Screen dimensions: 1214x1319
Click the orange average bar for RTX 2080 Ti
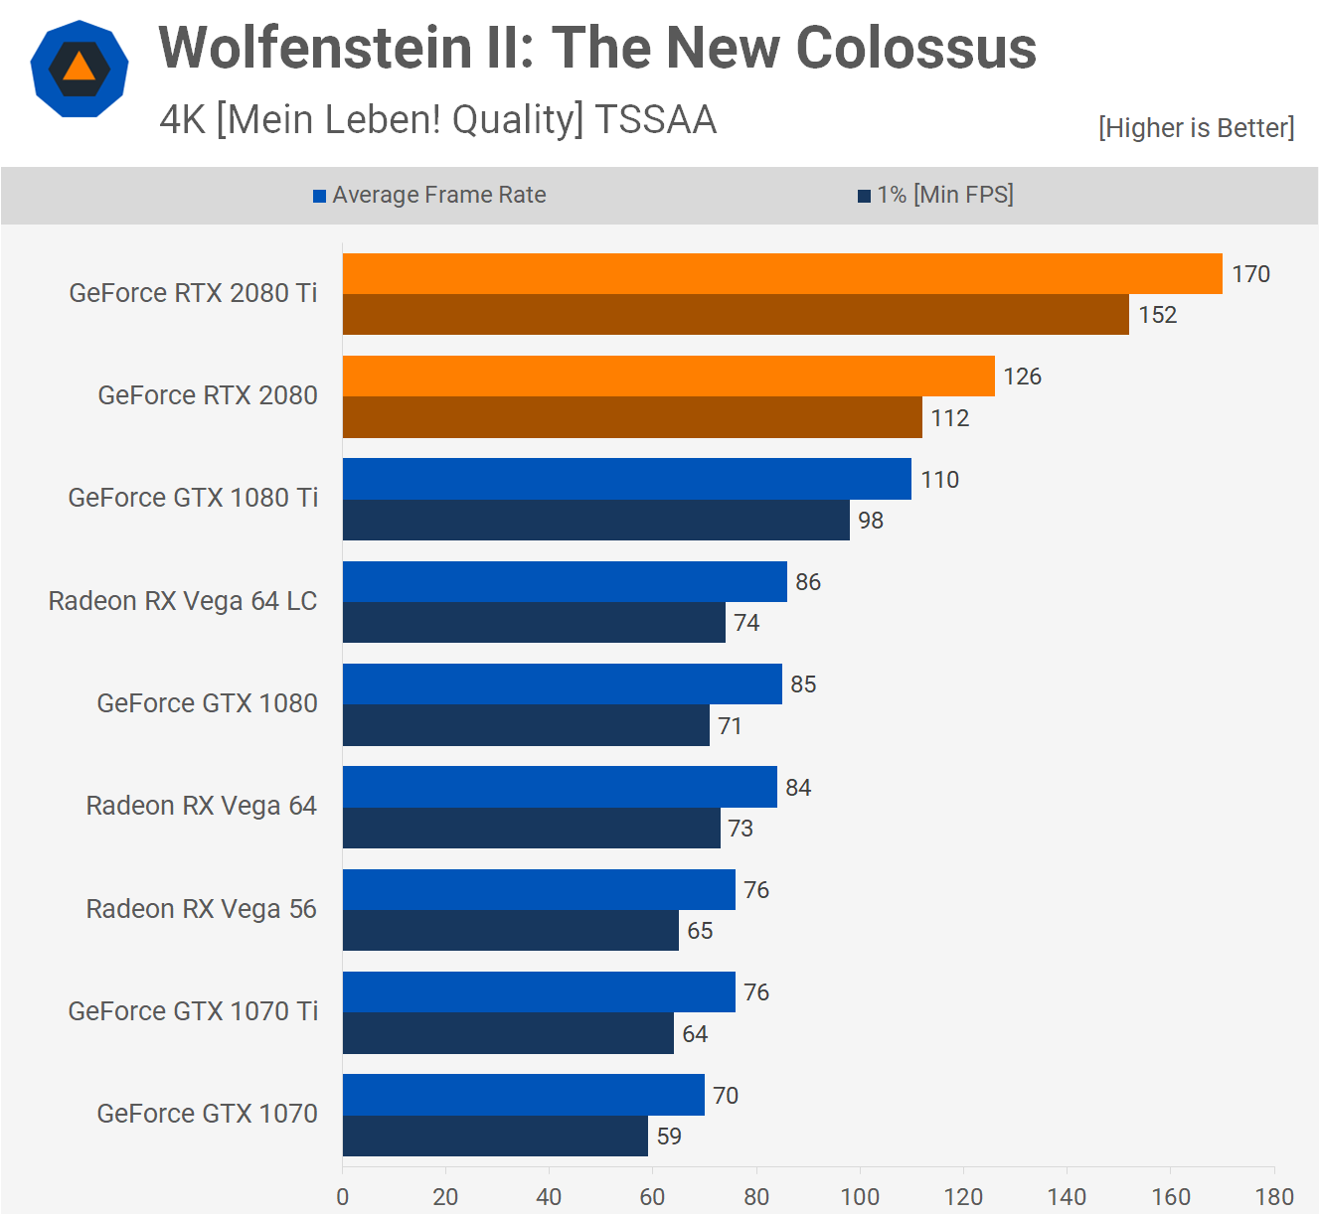pos(782,274)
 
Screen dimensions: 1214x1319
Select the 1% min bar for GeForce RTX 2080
pos(632,417)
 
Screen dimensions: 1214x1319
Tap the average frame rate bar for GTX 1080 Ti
pos(626,479)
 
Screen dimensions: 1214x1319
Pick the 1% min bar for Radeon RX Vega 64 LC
pos(534,623)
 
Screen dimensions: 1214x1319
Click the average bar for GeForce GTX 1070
pos(523,1095)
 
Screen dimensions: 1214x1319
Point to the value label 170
pos(1250,274)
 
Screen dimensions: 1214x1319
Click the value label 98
pos(871,521)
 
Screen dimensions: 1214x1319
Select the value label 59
pos(669,1137)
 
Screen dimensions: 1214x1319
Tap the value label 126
pos(1022,377)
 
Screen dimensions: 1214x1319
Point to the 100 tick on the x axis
pos(860,1197)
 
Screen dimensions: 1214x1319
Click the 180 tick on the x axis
pos(1274,1197)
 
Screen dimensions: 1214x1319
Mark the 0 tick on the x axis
pos(343,1197)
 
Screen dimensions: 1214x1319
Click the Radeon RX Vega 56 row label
pos(201,909)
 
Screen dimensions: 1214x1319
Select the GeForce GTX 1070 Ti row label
pos(193,1011)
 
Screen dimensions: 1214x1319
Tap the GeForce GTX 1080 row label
pos(207,703)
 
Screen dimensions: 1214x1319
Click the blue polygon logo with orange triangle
pos(80,70)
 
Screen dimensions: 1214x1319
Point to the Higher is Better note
pos(1196,128)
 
